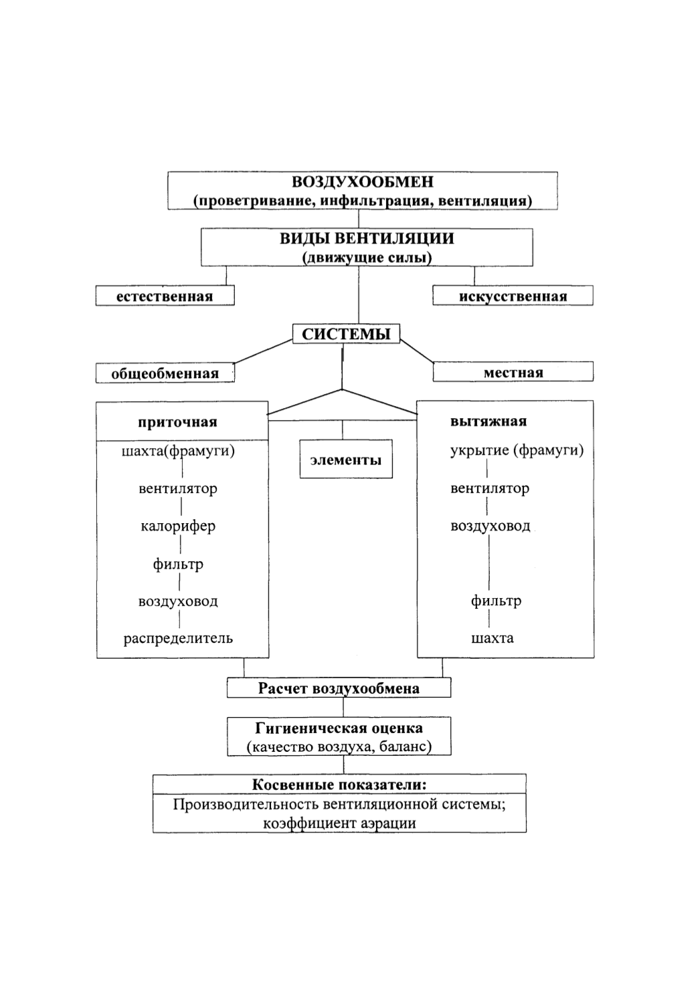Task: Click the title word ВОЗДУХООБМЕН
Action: [x=363, y=182]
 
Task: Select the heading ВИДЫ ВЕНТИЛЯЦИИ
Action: [x=367, y=239]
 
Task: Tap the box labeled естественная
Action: [x=165, y=296]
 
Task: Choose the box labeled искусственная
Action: [x=513, y=296]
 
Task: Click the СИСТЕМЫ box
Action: [x=346, y=334]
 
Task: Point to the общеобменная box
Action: [x=165, y=373]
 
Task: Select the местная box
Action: [x=513, y=372]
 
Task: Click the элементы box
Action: [x=346, y=459]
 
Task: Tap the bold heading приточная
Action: [x=177, y=422]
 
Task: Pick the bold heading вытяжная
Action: [x=489, y=421]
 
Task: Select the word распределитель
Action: [x=178, y=638]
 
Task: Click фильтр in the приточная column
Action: [x=178, y=564]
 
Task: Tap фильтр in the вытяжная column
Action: [x=496, y=601]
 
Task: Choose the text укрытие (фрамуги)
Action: [x=517, y=450]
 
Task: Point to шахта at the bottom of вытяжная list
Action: [x=492, y=638]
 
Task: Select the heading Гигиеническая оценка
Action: [x=339, y=728]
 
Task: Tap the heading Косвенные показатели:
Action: [x=339, y=785]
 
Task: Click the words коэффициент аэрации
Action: [x=339, y=823]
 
